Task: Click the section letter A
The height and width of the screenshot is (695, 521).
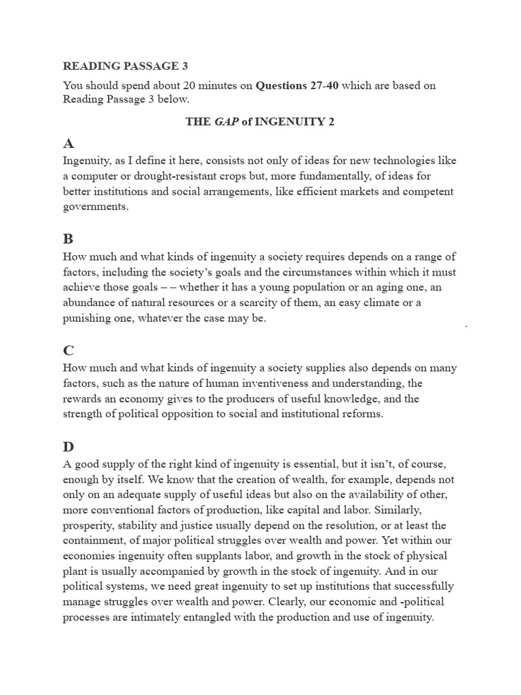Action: pos(68,143)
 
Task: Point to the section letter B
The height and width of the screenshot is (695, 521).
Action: pos(68,239)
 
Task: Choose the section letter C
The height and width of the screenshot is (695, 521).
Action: pos(68,350)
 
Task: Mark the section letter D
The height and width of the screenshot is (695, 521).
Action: pos(69,447)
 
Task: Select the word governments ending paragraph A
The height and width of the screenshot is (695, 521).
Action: pos(95,207)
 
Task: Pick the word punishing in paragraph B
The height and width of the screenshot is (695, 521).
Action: pos(88,318)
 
